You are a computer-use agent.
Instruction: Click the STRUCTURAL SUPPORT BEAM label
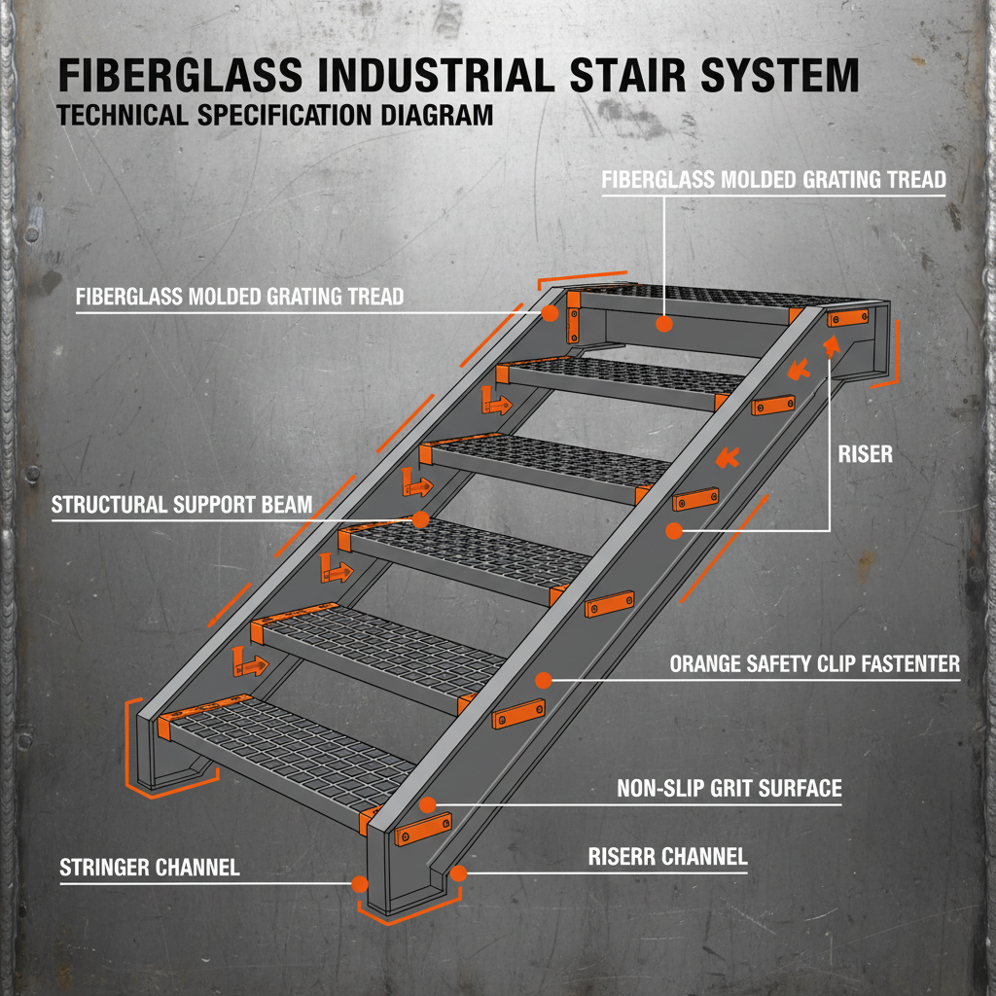182,505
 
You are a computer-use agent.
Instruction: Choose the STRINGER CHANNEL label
150,867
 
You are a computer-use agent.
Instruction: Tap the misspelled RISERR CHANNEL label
667,857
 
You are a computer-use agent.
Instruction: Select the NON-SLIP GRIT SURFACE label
729,788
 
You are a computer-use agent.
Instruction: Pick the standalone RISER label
865,454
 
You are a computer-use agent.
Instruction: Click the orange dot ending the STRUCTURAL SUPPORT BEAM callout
420,520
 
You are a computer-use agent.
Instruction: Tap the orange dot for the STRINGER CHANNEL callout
360,884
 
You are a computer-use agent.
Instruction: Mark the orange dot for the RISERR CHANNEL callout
459,873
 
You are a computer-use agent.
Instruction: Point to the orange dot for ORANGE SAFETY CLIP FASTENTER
545,680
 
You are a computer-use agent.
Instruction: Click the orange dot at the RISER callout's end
672,530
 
